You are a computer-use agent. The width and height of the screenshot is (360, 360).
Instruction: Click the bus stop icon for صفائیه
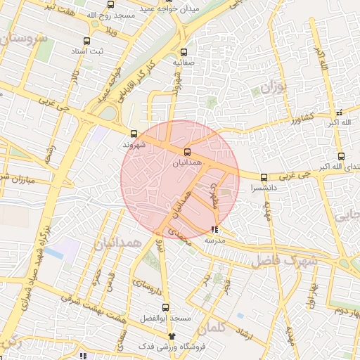pos(184,52)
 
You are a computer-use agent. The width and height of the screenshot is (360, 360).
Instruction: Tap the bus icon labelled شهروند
pos(134,134)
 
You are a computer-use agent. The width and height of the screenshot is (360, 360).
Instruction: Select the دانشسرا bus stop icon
pos(264,178)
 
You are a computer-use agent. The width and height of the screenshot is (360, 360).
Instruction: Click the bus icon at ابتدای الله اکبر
pos(341,156)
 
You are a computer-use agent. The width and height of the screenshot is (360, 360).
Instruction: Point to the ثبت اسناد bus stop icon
pos(86,41)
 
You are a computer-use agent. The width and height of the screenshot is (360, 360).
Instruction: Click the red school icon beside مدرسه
pos(214,229)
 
